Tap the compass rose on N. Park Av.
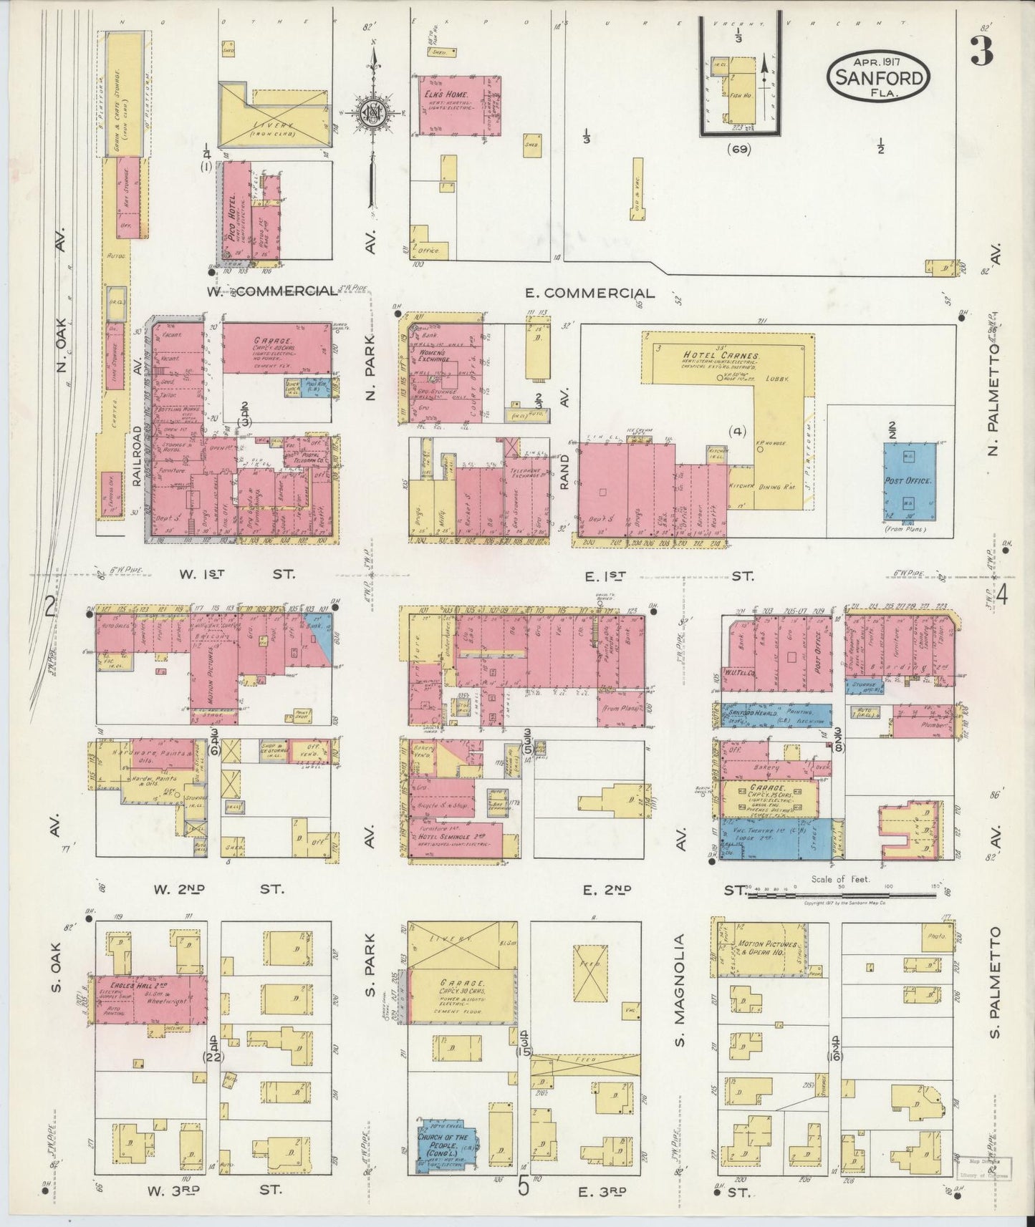pos(372,115)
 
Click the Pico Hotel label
pos(234,207)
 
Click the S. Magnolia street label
pos(680,989)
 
